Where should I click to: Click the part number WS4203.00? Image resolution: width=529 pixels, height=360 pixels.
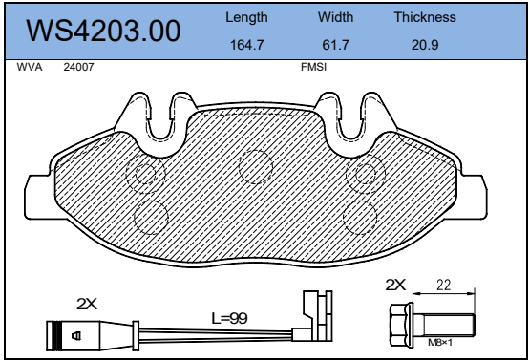click(103, 31)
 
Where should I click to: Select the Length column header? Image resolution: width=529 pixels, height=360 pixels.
click(246, 17)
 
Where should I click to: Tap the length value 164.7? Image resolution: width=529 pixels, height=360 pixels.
click(246, 45)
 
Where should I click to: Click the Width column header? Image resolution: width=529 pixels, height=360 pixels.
click(335, 17)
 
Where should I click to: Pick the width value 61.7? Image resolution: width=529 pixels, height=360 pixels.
click(335, 45)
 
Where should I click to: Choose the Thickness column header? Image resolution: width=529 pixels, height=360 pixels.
click(425, 17)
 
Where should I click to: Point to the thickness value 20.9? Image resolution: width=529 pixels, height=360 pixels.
click(425, 45)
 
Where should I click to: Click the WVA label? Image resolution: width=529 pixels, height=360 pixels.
click(30, 67)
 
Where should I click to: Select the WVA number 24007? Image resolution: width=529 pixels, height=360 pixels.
click(78, 67)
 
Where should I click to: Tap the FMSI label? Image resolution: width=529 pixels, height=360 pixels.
click(313, 67)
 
